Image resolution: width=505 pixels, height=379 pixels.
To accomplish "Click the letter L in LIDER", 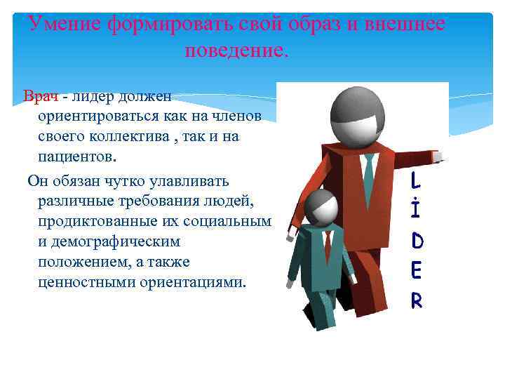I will click(x=416, y=182).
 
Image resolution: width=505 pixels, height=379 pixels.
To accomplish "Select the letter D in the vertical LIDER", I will click(x=417, y=241).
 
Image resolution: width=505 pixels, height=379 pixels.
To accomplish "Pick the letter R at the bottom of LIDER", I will click(x=417, y=300).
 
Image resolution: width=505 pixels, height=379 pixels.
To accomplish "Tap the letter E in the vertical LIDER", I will click(x=417, y=271).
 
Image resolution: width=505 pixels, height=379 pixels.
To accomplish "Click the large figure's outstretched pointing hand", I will click(x=438, y=155).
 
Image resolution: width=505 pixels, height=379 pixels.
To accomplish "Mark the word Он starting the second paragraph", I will click(x=36, y=181).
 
